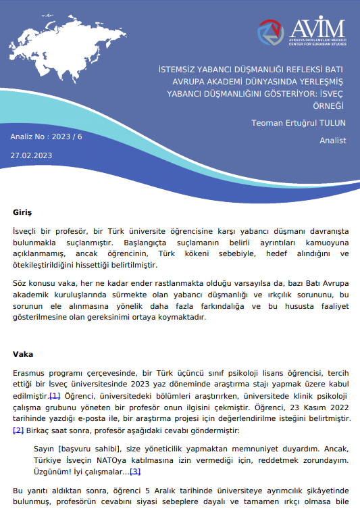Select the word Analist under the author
click(x=332, y=141)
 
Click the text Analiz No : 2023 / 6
click(x=46, y=137)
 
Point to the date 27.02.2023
click(x=31, y=155)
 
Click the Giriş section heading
click(x=22, y=212)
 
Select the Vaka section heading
click(x=23, y=353)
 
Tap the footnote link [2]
click(x=18, y=430)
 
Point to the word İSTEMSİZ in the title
click(x=178, y=68)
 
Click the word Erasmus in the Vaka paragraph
click(x=29, y=372)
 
